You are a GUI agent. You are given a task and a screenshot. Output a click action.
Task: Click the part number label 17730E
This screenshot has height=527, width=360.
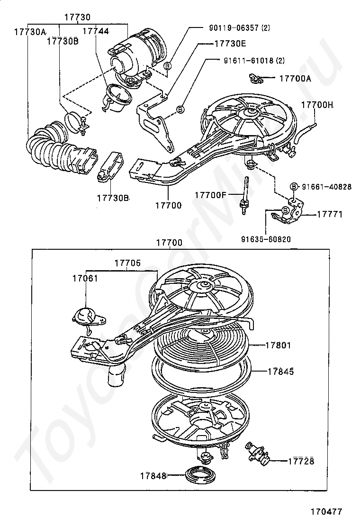point(230,43)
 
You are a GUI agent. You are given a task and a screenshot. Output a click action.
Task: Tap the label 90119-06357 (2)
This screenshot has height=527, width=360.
point(240,28)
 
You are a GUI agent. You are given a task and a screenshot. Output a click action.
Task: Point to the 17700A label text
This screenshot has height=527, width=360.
point(295,79)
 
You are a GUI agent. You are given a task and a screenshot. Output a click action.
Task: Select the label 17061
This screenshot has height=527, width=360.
point(85,278)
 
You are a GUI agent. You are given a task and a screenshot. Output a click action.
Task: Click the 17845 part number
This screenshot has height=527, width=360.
point(281,371)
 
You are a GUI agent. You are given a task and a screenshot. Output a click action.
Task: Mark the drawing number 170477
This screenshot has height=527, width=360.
point(326,511)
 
